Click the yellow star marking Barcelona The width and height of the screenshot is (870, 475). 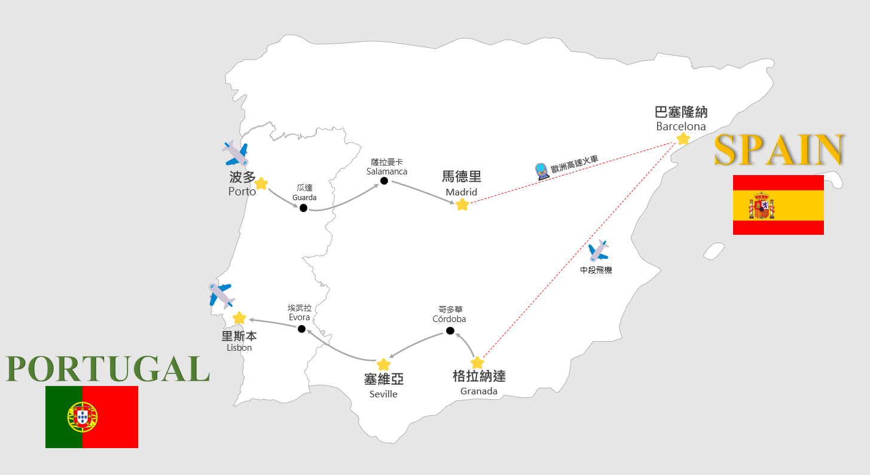click(x=683, y=139)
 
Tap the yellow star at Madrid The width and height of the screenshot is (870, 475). click(x=462, y=205)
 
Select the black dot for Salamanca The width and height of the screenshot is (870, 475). click(x=384, y=181)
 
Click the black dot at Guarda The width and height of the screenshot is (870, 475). click(x=303, y=208)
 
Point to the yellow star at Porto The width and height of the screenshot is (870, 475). click(x=261, y=184)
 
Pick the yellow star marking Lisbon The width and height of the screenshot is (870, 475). click(x=239, y=318)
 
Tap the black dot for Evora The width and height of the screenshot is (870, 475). click(x=301, y=329)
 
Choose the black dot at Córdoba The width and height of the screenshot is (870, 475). click(x=450, y=331)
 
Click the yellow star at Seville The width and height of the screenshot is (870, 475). click(x=383, y=364)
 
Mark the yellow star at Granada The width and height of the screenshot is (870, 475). click(x=477, y=363)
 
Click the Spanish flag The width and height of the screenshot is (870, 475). click(x=778, y=205)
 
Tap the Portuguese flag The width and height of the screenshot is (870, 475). click(x=91, y=416)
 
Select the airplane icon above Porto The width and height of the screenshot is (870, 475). click(x=235, y=154)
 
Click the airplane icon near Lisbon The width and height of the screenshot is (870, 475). click(x=221, y=295)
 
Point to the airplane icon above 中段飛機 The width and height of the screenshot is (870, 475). click(x=598, y=250)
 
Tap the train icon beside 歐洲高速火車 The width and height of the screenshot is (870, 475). click(x=541, y=171)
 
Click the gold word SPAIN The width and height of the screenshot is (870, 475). click(x=779, y=150)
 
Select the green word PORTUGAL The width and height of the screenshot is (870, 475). click(x=108, y=369)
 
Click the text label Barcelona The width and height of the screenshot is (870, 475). click(x=681, y=127)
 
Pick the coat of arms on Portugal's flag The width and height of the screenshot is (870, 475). click(x=83, y=416)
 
